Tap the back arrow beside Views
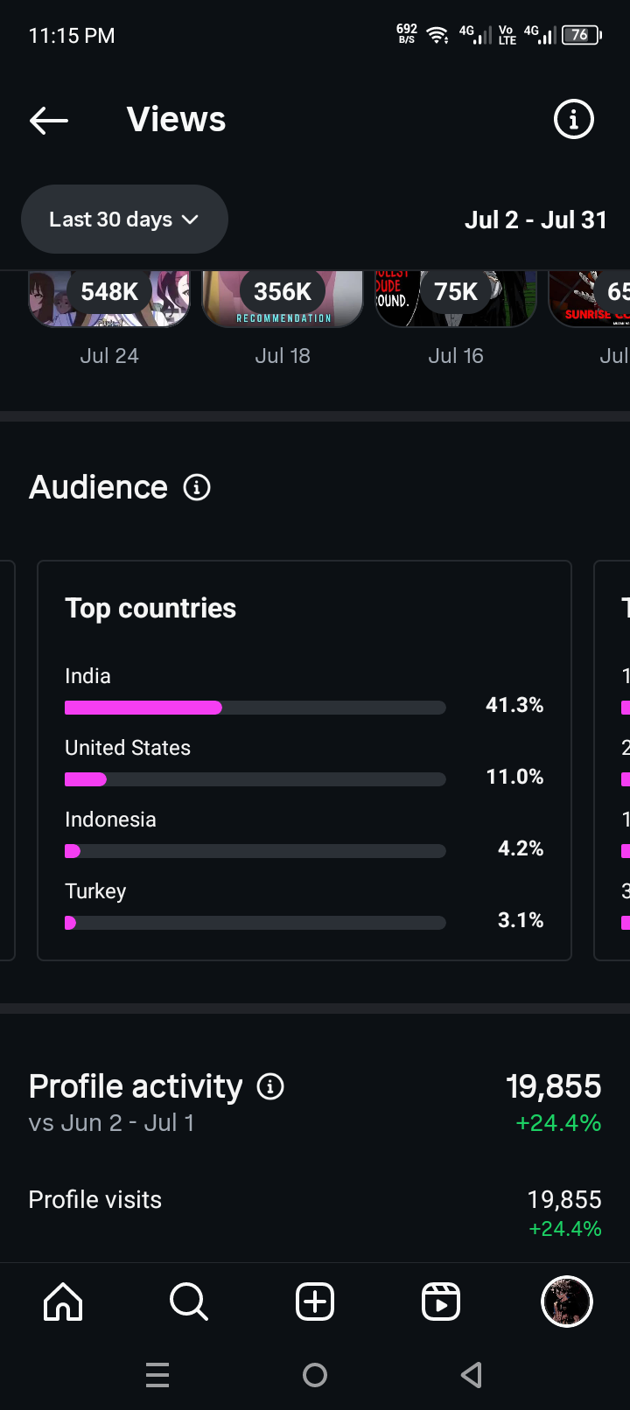point(49,120)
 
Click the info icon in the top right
point(574,119)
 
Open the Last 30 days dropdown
point(124,220)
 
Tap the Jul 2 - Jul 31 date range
point(535,220)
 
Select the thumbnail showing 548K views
point(109,297)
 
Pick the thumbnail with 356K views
point(283,297)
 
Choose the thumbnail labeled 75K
point(456,297)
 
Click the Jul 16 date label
point(456,356)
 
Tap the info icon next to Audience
point(197,487)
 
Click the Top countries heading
point(150,608)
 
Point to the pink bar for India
point(143,708)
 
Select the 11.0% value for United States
point(514,777)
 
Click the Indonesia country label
point(110,820)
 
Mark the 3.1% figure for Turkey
point(521,920)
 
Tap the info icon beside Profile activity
point(270,1086)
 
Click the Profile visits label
point(94,1199)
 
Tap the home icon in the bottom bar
point(63,1302)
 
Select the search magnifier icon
point(189,1302)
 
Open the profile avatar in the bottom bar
point(567,1302)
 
